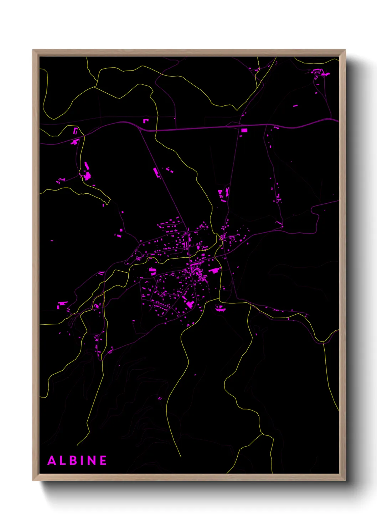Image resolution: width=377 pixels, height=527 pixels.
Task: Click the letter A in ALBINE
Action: point(52,460)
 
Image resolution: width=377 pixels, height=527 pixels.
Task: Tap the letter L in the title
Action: point(63,460)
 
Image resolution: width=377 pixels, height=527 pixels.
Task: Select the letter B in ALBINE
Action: point(74,460)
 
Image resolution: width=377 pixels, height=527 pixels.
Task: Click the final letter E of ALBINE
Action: point(103,460)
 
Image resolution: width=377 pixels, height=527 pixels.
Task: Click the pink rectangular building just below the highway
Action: point(244,131)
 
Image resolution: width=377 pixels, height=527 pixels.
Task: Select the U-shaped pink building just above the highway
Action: point(145,121)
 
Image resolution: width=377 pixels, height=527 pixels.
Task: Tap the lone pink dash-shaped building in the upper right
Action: point(295,106)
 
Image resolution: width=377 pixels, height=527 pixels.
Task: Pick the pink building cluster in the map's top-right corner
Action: point(319,73)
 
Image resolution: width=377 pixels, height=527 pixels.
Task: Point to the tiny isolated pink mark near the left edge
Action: point(52,241)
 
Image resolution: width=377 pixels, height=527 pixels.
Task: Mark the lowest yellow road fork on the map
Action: point(262,433)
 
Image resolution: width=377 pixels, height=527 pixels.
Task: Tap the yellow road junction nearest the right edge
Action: point(323,342)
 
